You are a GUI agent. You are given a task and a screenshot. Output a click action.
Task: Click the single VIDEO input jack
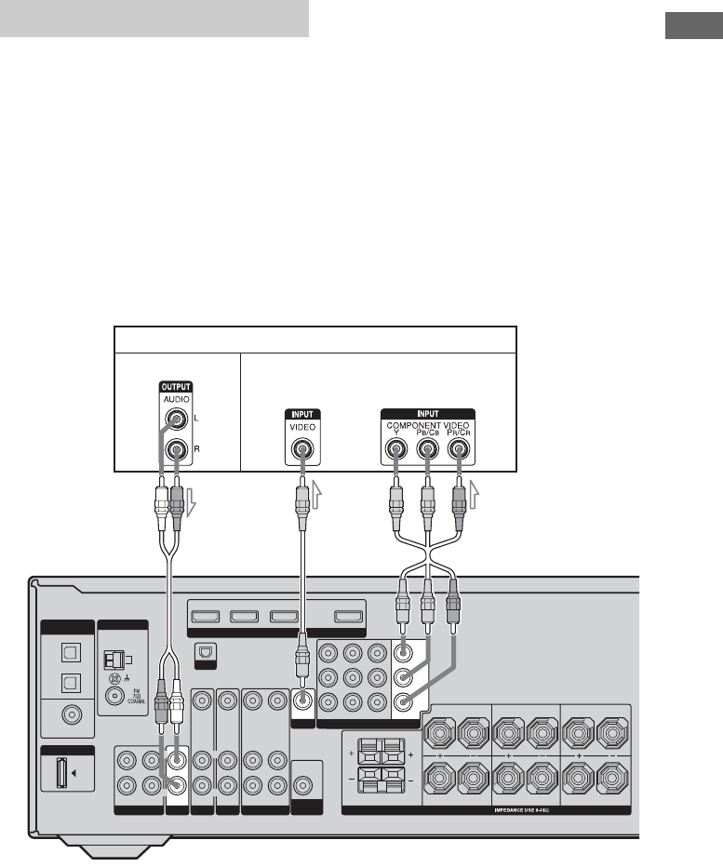(301, 451)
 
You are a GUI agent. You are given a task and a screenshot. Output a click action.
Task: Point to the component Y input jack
(395, 451)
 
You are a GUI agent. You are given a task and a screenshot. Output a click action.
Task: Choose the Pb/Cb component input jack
(427, 451)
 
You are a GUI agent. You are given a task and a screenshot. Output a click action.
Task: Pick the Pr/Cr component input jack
(458, 451)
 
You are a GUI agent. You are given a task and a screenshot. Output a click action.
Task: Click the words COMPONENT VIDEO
(427, 425)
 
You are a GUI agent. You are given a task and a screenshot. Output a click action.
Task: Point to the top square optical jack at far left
(66, 655)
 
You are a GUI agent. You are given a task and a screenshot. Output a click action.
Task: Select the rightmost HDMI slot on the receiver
(348, 615)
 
